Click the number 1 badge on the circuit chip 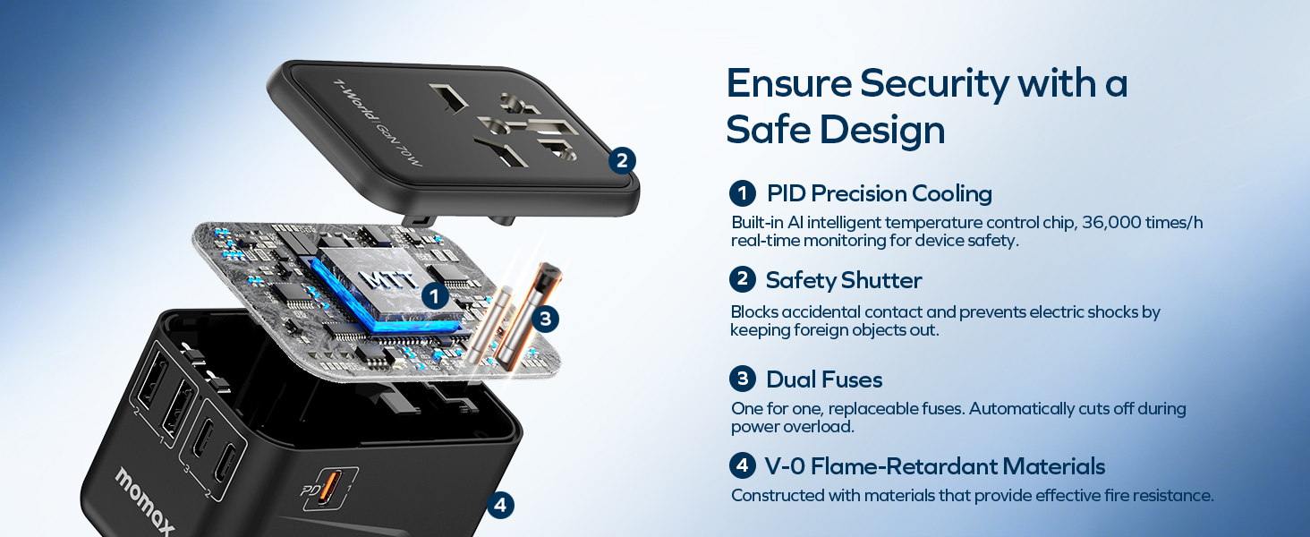(435, 296)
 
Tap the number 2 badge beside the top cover (622, 160)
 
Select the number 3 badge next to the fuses (545, 319)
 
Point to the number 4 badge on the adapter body (500, 505)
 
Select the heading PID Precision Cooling (879, 193)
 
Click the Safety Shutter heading (843, 280)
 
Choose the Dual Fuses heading (824, 379)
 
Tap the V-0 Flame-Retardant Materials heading (934, 466)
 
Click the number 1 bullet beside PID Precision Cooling (743, 193)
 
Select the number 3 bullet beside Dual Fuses (743, 379)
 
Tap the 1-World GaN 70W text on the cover (378, 123)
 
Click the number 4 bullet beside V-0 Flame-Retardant (743, 465)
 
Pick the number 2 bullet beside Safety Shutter (743, 279)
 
